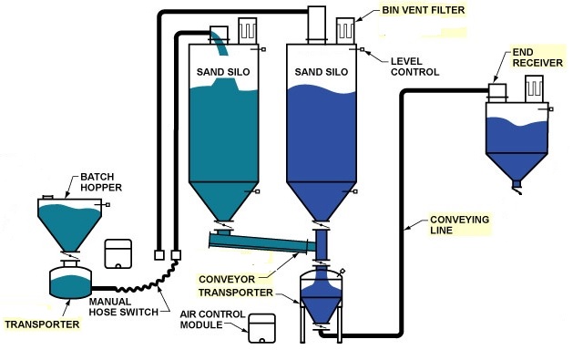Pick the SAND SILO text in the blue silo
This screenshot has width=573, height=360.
point(317,70)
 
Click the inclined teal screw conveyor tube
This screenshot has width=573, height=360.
point(259,242)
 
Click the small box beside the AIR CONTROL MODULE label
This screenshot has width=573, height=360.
point(262,329)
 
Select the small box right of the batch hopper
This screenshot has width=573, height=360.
point(118,252)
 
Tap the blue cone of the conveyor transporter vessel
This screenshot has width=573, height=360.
point(320,305)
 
